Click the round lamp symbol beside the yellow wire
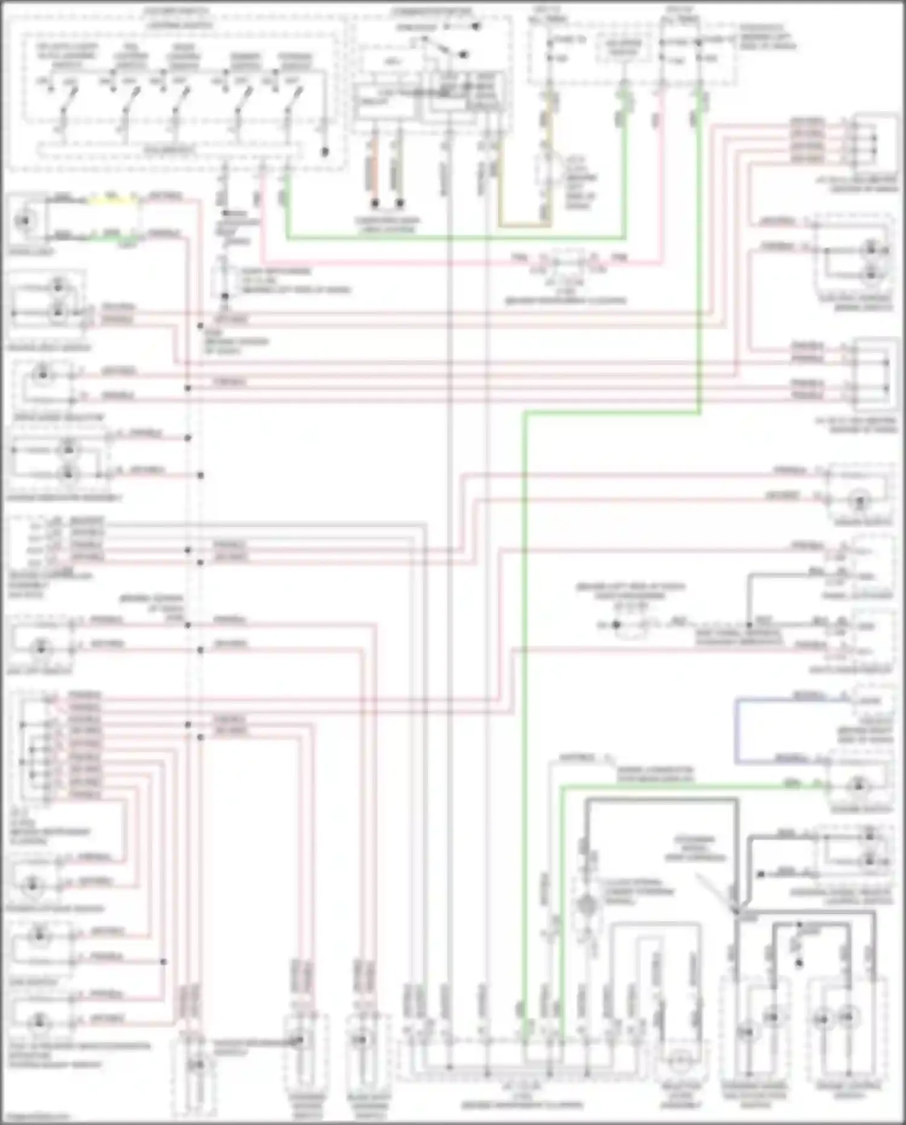(24, 221)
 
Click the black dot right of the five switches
(325, 152)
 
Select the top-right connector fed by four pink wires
(873, 140)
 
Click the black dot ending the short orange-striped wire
(375, 203)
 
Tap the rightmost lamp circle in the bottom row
(849, 1018)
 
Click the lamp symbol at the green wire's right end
(859, 786)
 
